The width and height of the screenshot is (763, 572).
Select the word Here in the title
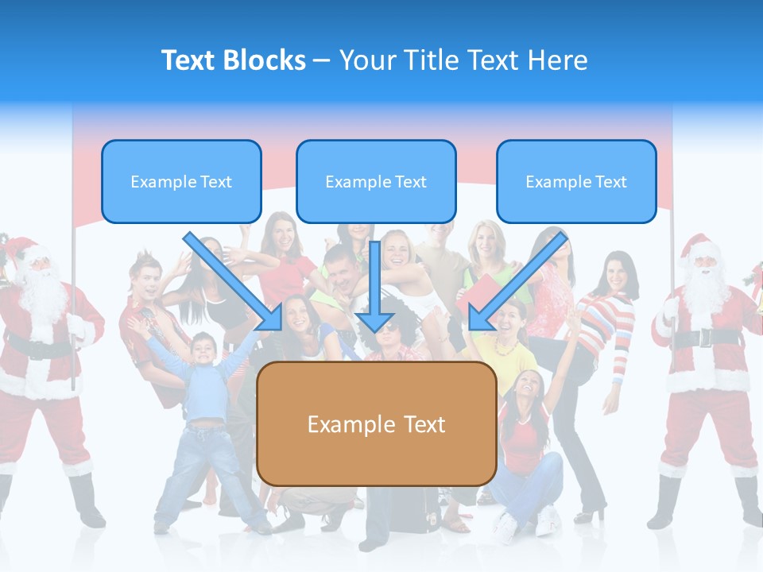[556, 60]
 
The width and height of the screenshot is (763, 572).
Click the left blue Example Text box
[181, 182]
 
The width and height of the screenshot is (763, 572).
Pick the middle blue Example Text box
[376, 182]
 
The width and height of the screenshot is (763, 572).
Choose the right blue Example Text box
[576, 182]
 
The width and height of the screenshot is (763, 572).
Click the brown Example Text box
[377, 424]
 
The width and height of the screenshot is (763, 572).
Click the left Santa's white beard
[44, 294]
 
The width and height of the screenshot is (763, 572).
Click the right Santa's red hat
[699, 244]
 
